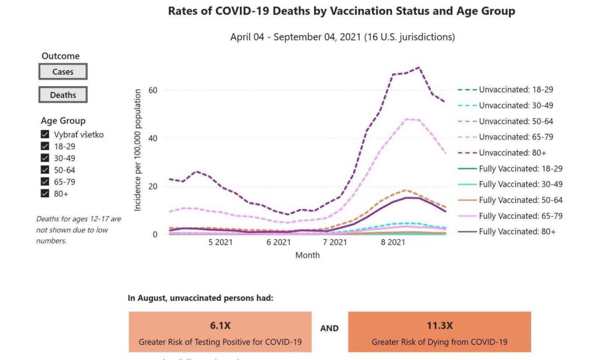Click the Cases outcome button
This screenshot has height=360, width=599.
tap(63, 72)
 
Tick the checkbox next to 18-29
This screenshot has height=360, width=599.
tap(45, 146)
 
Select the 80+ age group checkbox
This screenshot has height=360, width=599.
tap(45, 193)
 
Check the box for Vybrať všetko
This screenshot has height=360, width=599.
tap(45, 135)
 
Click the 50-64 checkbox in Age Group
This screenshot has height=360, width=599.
tap(45, 170)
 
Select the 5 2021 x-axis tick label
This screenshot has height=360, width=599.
tap(221, 242)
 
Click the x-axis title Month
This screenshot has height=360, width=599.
tap(307, 255)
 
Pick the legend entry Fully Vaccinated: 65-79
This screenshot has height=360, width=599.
tap(521, 216)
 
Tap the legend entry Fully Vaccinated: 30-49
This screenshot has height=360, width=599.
tap(521, 184)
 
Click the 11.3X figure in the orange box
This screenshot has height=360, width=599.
tap(439, 325)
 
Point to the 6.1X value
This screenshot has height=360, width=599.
tap(220, 325)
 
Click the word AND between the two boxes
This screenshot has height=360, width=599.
tap(329, 328)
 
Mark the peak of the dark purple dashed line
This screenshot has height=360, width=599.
tap(418, 67)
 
